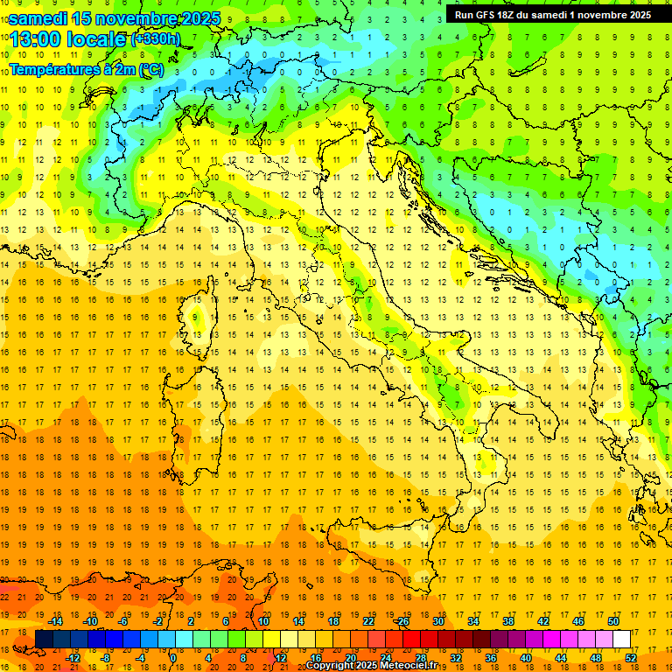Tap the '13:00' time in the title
[34, 39]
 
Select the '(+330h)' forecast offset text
[156, 39]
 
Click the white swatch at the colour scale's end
[621, 639]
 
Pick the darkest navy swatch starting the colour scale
[44, 639]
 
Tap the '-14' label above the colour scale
[55, 621]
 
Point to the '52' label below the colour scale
[631, 657]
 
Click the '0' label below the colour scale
[173, 657]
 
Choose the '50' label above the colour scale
[612, 621]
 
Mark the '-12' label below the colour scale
[73, 657]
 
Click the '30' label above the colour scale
[437, 621]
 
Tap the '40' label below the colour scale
[526, 657]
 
